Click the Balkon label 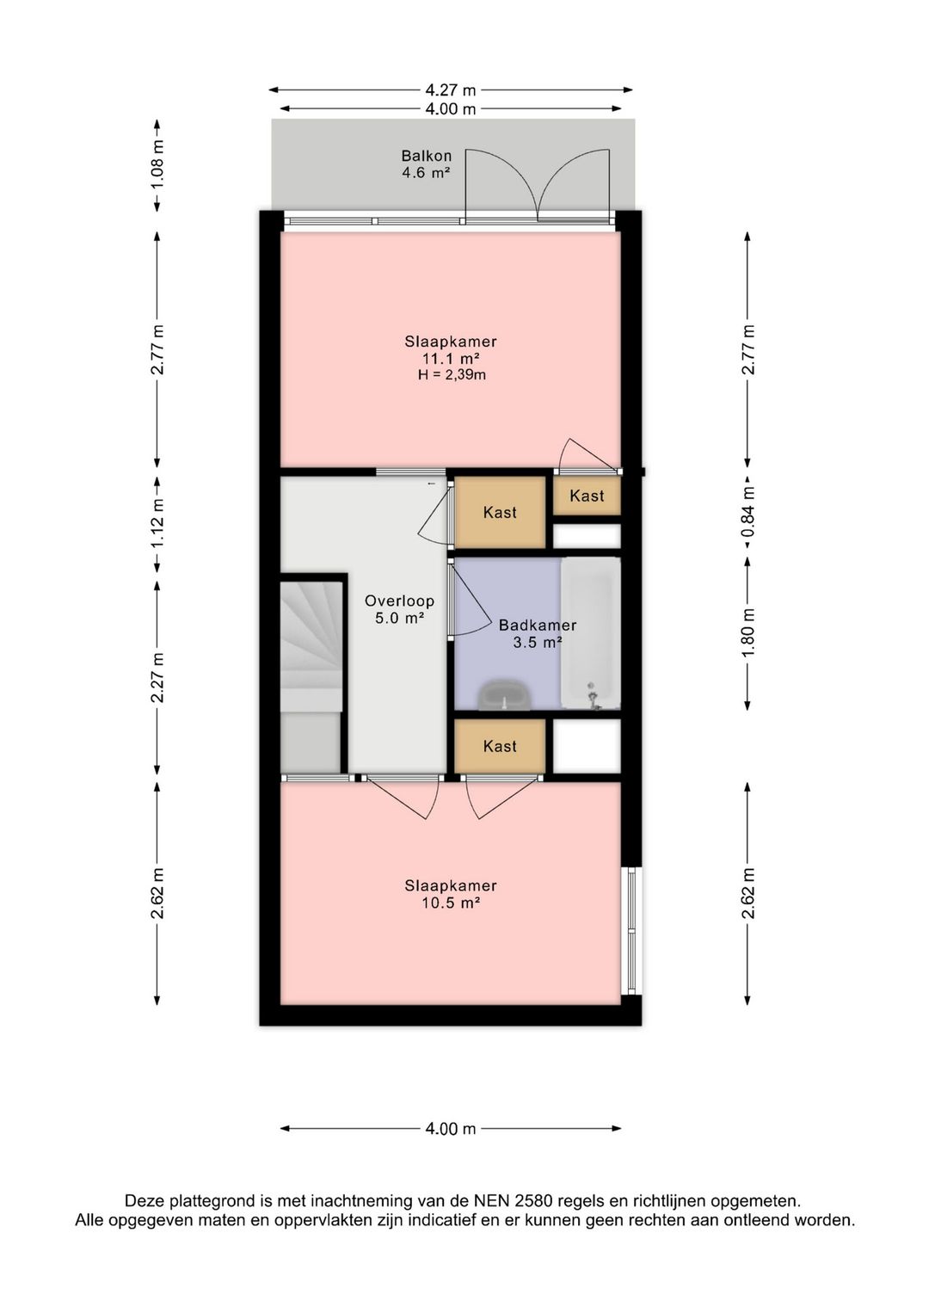(426, 156)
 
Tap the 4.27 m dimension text (450, 89)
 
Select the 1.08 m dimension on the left (157, 164)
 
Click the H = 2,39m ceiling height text (452, 374)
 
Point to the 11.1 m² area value (452, 358)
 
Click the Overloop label (399, 601)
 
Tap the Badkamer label (538, 626)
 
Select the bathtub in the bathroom (590, 633)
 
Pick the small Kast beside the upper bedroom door (587, 496)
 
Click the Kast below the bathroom (500, 746)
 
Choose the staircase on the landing (311, 677)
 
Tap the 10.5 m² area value (451, 903)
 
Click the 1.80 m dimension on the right (748, 633)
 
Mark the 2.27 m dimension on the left (157, 678)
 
